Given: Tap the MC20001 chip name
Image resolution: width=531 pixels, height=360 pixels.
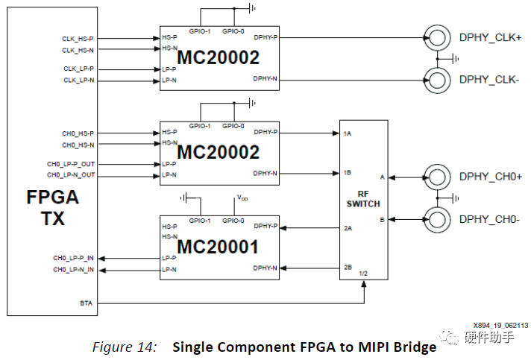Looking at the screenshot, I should [218, 247].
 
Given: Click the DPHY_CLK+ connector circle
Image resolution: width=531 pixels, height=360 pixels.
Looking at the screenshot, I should [436, 37].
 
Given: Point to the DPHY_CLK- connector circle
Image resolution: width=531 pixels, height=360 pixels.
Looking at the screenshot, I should [436, 78].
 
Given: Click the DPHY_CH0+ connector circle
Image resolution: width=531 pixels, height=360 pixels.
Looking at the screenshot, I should [436, 177].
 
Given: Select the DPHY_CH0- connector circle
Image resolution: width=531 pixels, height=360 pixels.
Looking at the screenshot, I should [436, 219].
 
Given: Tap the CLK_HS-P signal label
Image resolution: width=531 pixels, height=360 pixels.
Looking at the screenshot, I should [78, 37].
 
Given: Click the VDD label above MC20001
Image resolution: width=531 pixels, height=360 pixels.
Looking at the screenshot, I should [242, 198].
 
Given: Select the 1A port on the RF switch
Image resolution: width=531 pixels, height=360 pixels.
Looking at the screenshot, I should [348, 133].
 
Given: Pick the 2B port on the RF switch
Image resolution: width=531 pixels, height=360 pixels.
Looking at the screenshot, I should [348, 267].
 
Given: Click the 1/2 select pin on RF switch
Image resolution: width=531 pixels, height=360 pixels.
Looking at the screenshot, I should [364, 274].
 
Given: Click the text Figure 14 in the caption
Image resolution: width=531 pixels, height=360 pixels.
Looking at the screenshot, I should [124, 347].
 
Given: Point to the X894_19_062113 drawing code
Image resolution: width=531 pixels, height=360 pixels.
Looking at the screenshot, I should [500, 325].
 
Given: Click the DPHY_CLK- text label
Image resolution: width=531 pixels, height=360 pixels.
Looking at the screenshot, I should [490, 79].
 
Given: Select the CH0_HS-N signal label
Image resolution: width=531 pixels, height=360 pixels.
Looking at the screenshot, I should [78, 145].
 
